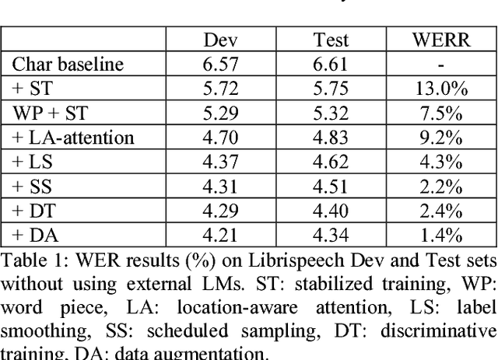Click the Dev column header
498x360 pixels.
click(x=220, y=40)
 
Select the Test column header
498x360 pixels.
click(x=331, y=40)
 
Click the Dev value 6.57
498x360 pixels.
click(x=220, y=65)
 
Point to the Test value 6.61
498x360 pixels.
click(x=331, y=65)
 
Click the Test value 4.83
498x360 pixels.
click(x=331, y=138)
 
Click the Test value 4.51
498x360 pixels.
click(x=331, y=187)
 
